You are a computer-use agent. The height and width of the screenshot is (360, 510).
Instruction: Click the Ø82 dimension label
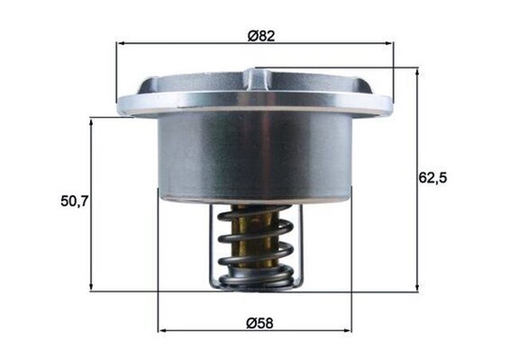point(257,34)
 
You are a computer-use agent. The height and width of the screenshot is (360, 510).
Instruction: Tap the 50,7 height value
point(74,202)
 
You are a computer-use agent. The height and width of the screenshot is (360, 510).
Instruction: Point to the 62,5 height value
point(433,178)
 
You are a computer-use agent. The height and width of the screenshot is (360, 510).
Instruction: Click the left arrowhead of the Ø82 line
point(120,43)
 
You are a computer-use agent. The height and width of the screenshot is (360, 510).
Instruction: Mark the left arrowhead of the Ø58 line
point(163,329)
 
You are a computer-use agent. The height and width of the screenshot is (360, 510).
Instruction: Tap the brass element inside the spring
point(253,239)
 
